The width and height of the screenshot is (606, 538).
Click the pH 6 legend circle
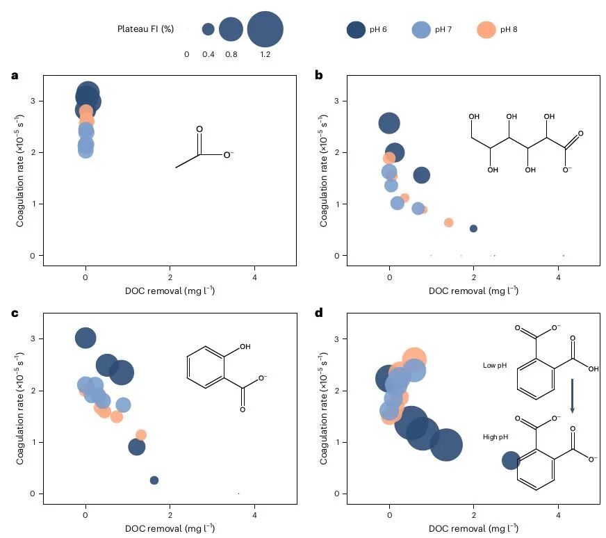pos(356,29)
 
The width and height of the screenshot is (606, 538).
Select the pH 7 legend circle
pos(421,29)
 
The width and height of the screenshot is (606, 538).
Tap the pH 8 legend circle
pos(486,29)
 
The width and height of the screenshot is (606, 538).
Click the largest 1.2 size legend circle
pos(265,29)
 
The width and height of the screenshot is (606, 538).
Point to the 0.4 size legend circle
pos(208,29)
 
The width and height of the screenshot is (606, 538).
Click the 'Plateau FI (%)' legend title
pos(146,29)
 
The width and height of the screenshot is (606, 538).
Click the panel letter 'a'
pos(15,75)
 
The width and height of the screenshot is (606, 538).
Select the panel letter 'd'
pos(319,313)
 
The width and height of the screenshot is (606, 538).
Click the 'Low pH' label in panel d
pos(495,365)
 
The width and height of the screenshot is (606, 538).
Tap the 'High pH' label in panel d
pos(496,437)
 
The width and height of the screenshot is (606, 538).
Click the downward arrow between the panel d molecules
pos(573,396)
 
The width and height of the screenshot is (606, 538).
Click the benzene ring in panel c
pos(205,367)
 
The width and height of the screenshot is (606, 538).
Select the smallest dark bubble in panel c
pos(154,480)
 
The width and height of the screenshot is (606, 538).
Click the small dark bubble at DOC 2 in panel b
pos(473,229)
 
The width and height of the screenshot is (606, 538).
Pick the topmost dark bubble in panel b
pos(389,123)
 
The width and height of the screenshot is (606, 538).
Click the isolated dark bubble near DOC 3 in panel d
pos(511,460)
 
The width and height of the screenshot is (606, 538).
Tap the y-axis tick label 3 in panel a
pos(33,101)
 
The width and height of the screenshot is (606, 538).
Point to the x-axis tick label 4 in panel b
pos(558,277)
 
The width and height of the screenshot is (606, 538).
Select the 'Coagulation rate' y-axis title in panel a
pos(20,170)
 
